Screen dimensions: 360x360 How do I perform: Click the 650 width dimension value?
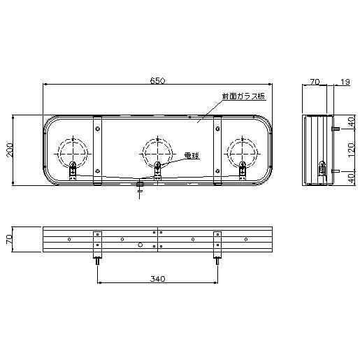pos(158,80)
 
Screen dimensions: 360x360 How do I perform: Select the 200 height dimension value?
pos(10,150)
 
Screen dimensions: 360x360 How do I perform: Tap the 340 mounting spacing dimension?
pos(157,279)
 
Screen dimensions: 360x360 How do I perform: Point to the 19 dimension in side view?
pos(345,82)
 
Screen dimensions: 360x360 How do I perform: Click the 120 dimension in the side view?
pos(351,150)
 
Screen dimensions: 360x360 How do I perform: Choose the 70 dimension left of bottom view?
pos(9,239)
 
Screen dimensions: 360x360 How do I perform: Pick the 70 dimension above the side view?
pos(315,82)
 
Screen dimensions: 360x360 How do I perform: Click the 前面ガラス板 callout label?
pos(243,96)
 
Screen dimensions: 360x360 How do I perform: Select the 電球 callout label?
pos(192,156)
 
